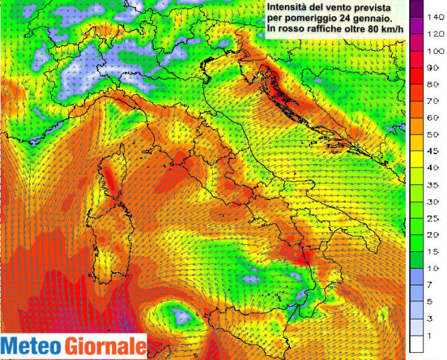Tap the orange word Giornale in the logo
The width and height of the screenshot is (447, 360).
pyautogui.click(x=104, y=346)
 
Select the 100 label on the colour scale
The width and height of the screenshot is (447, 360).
pyautogui.click(x=436, y=51)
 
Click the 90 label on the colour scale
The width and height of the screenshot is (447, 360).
pyautogui.click(x=436, y=68)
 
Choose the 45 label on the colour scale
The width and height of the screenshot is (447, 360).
pyautogui.click(x=436, y=150)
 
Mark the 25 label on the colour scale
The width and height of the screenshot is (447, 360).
pyautogui.click(x=436, y=218)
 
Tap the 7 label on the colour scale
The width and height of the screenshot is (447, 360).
pyautogui.click(x=436, y=285)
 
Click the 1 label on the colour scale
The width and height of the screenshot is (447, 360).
pyautogui.click(x=436, y=336)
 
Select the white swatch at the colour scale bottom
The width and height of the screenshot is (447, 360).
pyautogui.click(x=417, y=343)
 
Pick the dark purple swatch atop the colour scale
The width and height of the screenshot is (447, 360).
pyautogui.click(x=417, y=8)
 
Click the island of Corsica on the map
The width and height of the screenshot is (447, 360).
pyautogui.click(x=110, y=180)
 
